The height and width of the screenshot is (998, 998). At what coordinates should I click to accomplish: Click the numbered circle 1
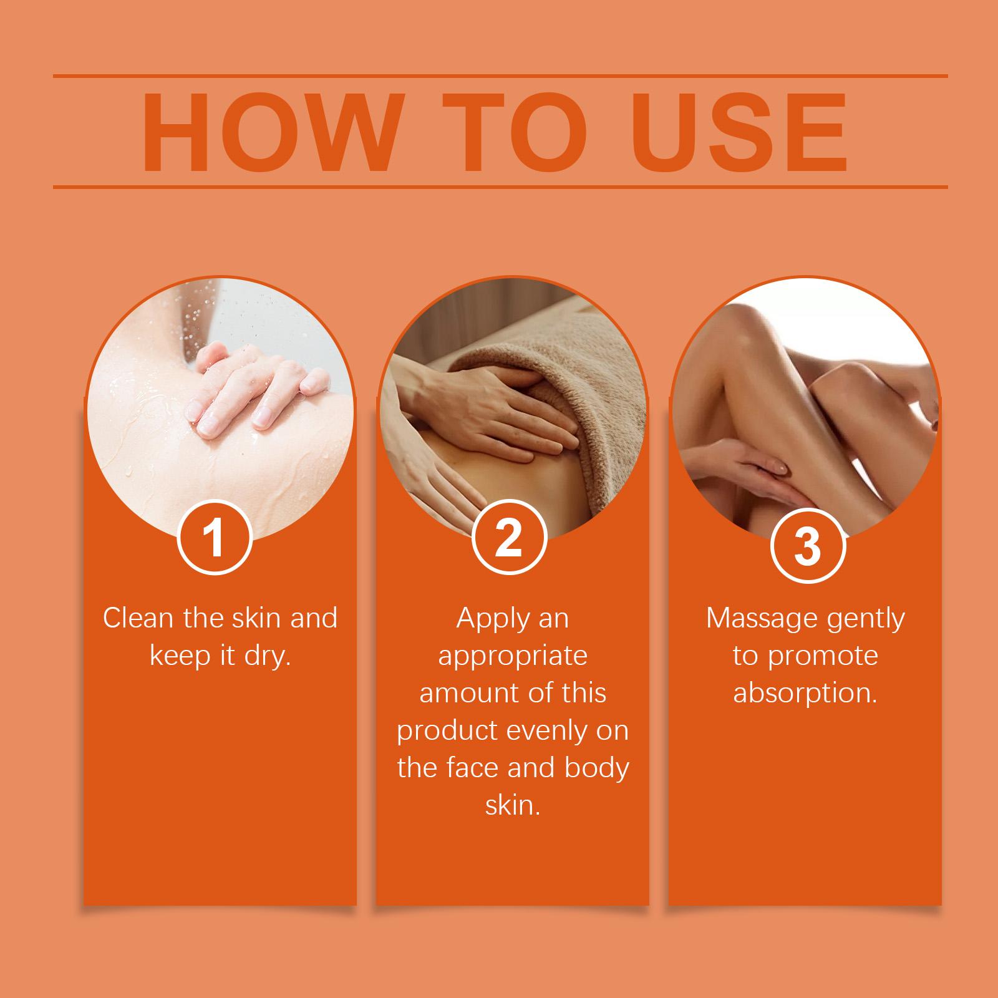click(215, 538)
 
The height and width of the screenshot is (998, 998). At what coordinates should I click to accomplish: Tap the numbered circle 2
click(510, 538)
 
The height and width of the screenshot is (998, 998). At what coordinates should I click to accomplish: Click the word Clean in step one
click(138, 618)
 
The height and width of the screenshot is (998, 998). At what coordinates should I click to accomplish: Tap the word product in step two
click(448, 730)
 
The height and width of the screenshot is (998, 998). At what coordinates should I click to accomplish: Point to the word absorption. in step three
click(805, 694)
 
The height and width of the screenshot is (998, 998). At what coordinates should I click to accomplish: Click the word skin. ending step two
click(512, 805)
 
